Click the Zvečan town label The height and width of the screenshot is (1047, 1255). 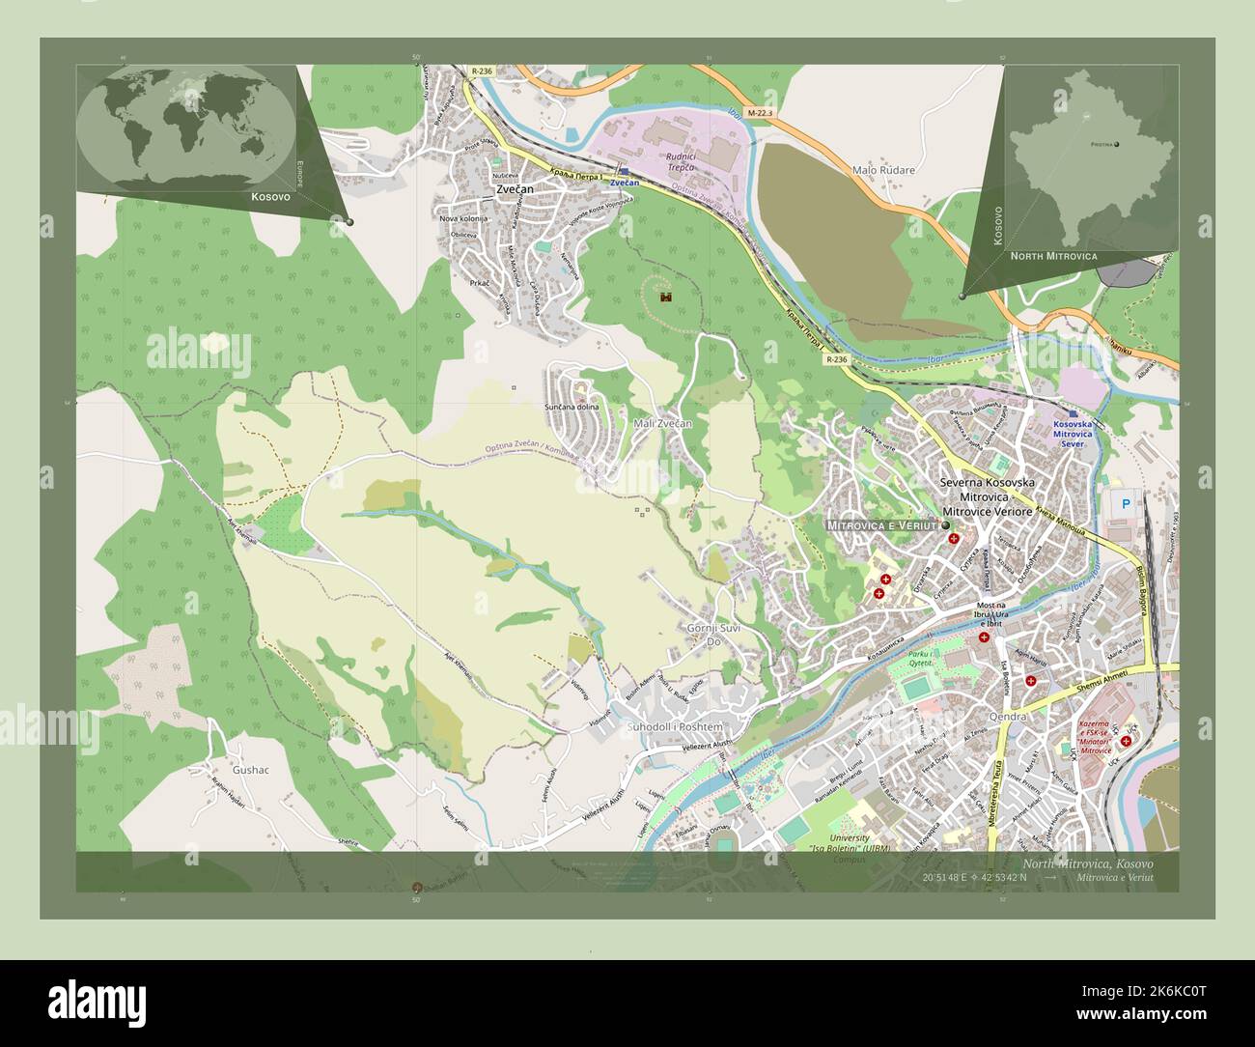(516, 190)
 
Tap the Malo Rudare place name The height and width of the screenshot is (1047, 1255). (882, 170)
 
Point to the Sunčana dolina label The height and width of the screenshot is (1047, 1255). (572, 407)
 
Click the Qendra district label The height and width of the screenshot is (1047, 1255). (1007, 718)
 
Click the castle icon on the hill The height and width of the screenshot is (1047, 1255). (665, 297)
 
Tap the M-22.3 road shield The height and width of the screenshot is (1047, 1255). (760, 113)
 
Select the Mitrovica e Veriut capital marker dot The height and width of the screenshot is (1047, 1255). (945, 524)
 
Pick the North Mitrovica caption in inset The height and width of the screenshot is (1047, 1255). (1053, 256)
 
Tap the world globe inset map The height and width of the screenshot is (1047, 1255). (186, 127)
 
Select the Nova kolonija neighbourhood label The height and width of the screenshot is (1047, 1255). (463, 218)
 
